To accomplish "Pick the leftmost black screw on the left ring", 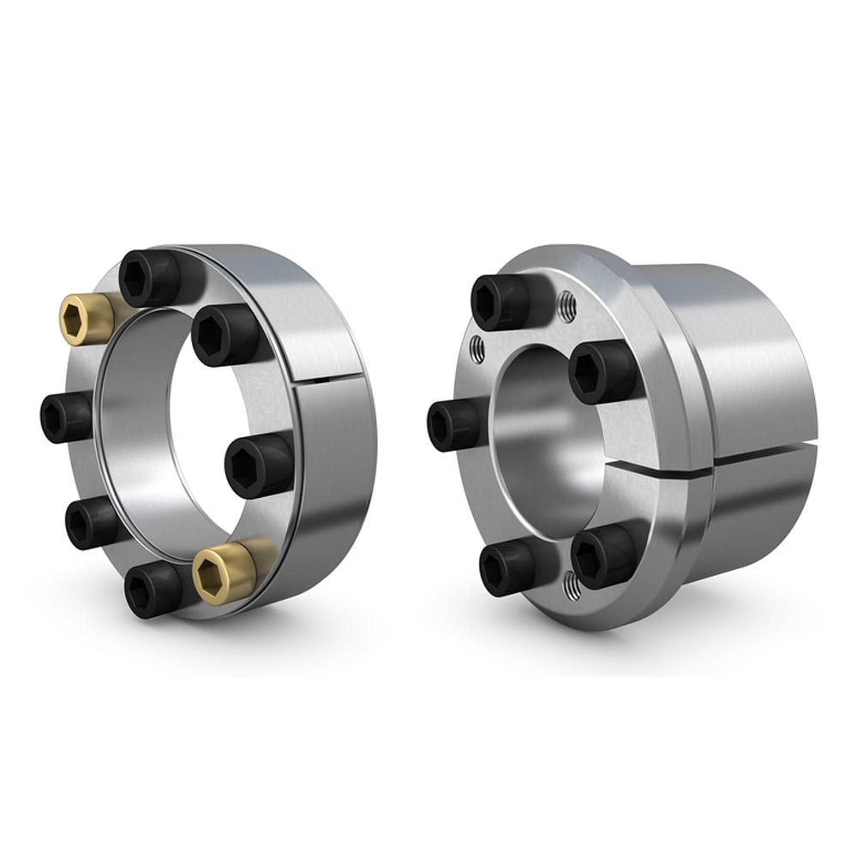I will [64, 417].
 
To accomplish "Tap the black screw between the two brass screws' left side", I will [90, 523].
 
